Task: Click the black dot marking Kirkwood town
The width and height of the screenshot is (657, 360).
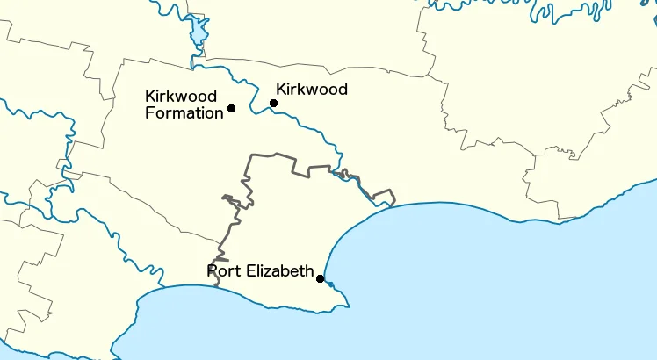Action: (273, 103)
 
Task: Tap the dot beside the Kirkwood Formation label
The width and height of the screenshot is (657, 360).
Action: (231, 108)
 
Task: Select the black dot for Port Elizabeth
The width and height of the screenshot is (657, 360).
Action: (321, 279)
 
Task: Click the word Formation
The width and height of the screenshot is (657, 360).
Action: (184, 112)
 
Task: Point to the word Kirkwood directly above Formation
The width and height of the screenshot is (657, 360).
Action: (181, 96)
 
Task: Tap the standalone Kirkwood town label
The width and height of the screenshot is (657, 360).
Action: (312, 89)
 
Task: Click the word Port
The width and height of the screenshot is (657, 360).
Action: (221, 270)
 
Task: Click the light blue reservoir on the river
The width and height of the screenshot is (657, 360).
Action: (199, 35)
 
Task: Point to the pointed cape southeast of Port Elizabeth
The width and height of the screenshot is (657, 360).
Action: (348, 306)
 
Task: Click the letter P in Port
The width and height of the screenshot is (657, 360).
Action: (212, 270)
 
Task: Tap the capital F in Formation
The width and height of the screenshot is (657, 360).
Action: (149, 112)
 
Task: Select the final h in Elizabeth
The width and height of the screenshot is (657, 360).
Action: (309, 270)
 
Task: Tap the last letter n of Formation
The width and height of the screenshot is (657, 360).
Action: (220, 113)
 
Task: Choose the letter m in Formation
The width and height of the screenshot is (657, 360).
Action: (181, 113)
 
